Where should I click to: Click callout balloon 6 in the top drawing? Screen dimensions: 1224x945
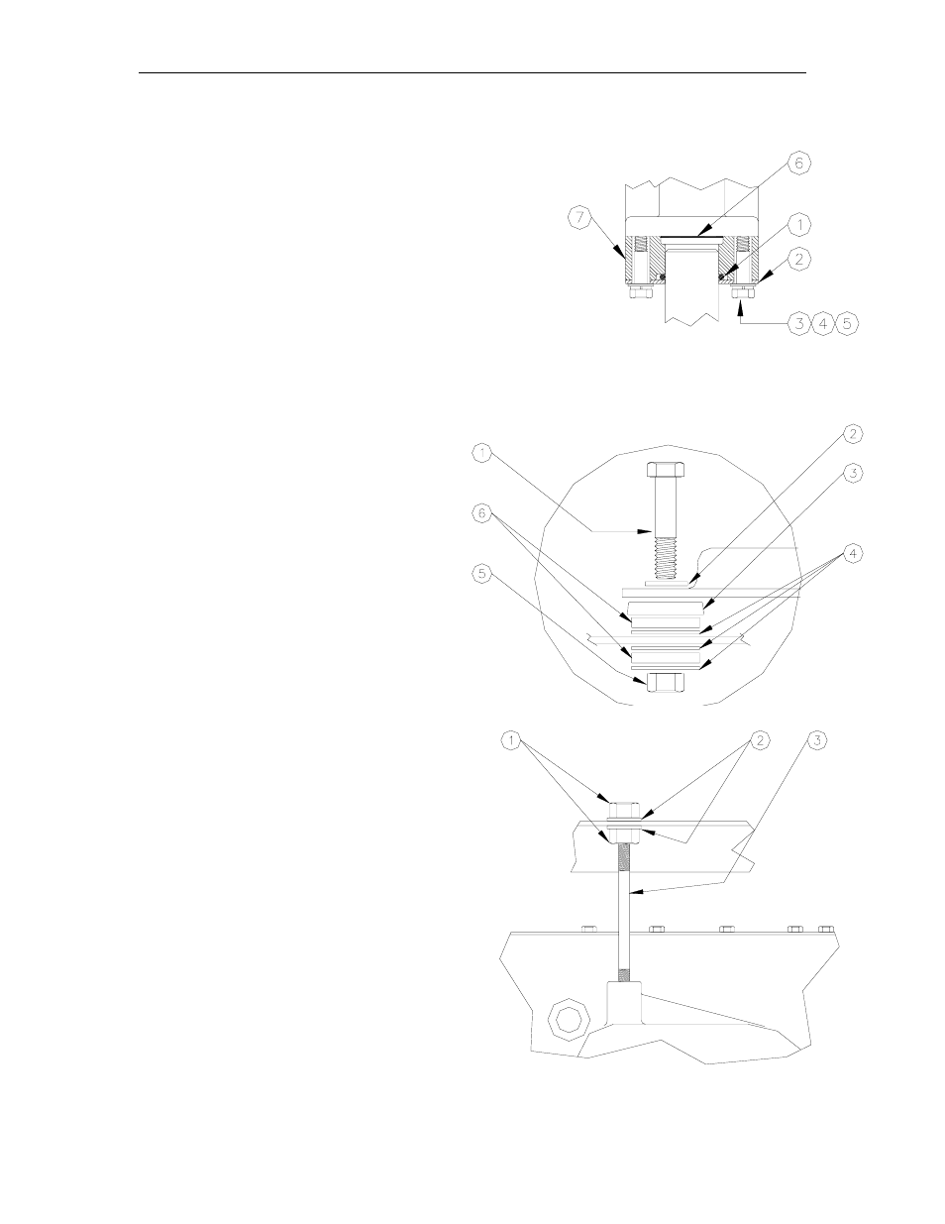point(798,164)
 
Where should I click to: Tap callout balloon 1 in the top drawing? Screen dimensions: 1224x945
point(798,222)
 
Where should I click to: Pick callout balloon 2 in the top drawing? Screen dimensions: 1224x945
point(800,259)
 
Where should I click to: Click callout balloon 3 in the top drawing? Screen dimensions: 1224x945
point(798,324)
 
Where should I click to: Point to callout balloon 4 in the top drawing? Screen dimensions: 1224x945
point(822,324)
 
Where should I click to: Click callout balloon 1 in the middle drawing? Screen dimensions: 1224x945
point(480,454)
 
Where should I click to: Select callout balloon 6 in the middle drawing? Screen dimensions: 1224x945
point(480,512)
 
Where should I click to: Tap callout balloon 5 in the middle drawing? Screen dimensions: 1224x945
point(480,572)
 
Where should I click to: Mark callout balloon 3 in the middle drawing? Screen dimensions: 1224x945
point(852,473)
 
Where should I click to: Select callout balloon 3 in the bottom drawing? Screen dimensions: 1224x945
point(817,739)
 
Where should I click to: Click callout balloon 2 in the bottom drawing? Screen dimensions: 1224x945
point(761,739)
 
